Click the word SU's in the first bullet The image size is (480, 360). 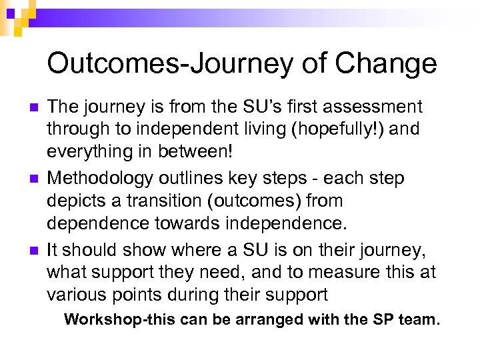(240, 107)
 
